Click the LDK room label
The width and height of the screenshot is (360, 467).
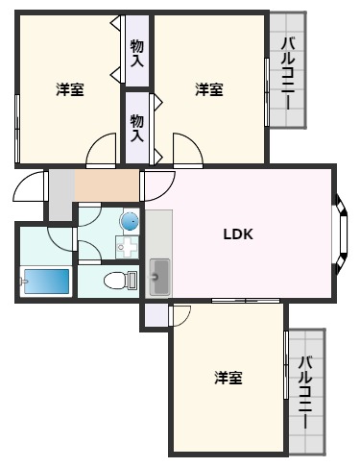238,233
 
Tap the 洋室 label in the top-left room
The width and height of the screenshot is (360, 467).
69,89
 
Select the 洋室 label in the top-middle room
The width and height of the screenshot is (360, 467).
209,89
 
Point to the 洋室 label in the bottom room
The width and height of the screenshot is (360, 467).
228,378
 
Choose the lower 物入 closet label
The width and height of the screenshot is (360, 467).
137,126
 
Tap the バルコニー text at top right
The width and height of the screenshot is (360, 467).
288,71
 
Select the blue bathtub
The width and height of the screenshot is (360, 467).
44,282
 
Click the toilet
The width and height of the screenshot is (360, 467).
121,281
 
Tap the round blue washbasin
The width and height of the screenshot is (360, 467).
129,221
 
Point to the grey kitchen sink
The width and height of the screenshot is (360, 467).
159,278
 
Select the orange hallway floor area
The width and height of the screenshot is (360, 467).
107,184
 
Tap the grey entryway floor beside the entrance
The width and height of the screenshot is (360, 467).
60,192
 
